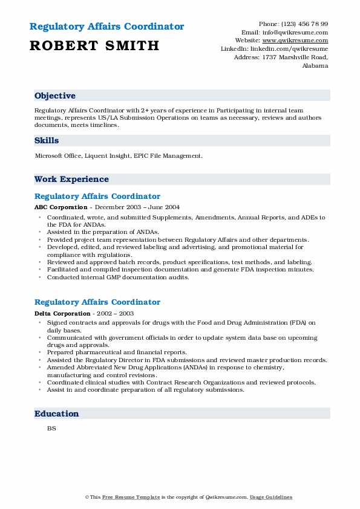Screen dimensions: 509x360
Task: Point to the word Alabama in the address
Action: [315, 66]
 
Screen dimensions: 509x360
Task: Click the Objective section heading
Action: [55, 96]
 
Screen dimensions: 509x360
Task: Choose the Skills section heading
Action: [47, 141]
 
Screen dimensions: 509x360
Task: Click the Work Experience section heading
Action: [71, 180]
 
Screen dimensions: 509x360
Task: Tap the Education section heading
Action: [57, 414]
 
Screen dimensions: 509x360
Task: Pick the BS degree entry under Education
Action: [51, 429]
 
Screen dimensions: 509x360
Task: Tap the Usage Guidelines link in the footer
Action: [271, 498]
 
